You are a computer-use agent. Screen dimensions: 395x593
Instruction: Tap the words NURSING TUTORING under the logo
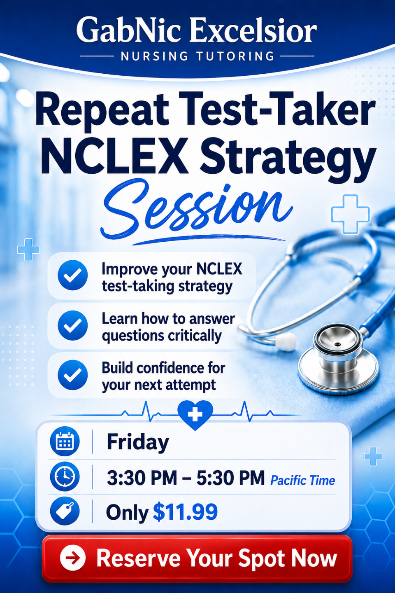tap(197, 56)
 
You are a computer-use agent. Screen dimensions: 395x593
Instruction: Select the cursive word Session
tap(196, 209)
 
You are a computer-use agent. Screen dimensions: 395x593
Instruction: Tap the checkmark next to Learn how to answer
tap(73, 325)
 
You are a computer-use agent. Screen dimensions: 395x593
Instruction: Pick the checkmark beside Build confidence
tap(73, 375)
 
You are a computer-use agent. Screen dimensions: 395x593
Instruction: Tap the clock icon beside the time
tap(65, 477)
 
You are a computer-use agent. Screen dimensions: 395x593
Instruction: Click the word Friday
tap(138, 443)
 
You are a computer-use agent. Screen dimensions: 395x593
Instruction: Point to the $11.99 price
tap(185, 513)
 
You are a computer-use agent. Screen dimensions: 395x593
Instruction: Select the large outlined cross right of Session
tap(350, 215)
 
